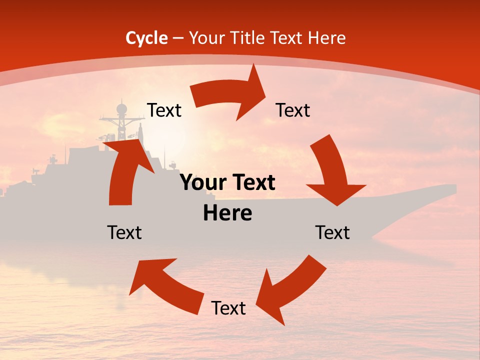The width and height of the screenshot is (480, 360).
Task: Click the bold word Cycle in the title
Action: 146,37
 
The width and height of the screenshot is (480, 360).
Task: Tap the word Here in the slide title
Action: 325,37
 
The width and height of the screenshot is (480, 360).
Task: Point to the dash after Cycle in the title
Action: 177,38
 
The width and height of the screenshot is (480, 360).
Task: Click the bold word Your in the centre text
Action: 201,183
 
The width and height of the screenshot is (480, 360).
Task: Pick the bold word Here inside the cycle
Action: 227,213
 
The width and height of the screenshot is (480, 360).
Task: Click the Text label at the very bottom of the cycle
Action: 228,308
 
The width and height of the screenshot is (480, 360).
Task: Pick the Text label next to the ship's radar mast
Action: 164,110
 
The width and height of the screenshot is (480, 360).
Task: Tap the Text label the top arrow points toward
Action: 293,110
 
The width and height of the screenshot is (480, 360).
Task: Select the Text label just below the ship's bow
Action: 332,232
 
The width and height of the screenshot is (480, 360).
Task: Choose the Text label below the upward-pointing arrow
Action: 124,232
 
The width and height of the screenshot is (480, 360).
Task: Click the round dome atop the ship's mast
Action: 121,108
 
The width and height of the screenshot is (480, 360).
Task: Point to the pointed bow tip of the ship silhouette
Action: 455,187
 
